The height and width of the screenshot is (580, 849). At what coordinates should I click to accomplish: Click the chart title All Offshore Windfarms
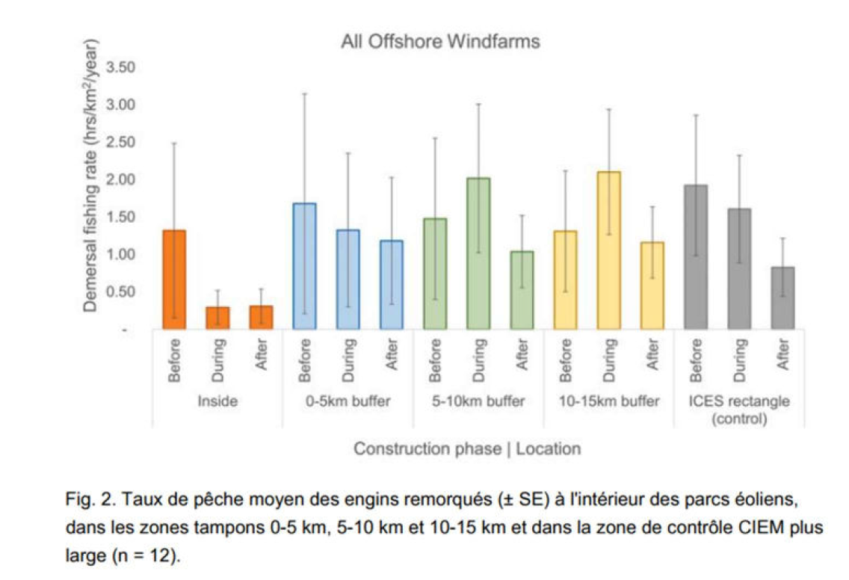[x=440, y=42]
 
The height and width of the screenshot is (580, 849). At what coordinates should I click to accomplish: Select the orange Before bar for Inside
[x=173, y=280]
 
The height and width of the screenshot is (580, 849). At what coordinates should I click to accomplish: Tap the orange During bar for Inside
[x=217, y=318]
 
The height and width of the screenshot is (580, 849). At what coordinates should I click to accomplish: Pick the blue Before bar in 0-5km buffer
[x=304, y=266]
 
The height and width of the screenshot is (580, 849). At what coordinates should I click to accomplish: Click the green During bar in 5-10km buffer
[x=478, y=253]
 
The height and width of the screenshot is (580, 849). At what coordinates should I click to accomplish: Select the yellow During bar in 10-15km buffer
[x=609, y=250]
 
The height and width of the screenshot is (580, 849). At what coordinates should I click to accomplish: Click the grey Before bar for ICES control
[x=696, y=257]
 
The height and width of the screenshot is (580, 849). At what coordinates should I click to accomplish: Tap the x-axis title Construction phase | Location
[x=466, y=449]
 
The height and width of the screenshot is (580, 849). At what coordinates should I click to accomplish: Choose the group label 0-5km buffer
[x=348, y=401]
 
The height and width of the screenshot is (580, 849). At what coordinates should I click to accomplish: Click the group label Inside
[x=217, y=401]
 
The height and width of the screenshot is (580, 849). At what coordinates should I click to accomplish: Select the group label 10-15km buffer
[x=609, y=401]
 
